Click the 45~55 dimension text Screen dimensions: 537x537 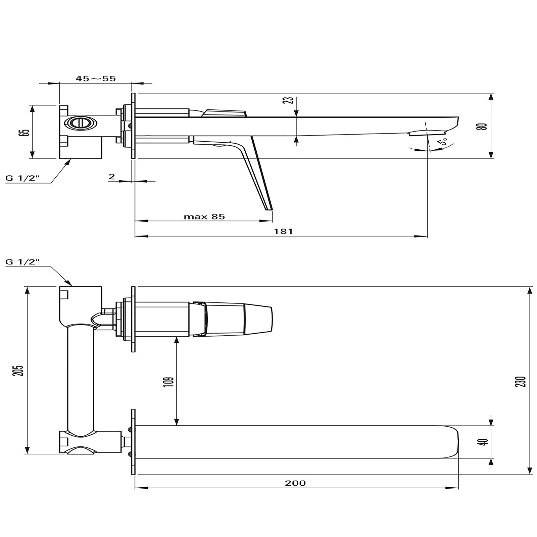tap(96, 79)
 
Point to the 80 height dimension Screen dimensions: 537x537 tap(483, 126)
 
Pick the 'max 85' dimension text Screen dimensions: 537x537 tap(204, 217)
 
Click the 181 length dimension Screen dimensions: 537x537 tap(284, 232)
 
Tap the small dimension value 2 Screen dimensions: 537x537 tap(112, 177)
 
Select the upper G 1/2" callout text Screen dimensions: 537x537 tap(23, 178)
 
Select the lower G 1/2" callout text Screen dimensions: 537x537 tap(23, 262)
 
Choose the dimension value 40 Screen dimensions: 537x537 tap(484, 442)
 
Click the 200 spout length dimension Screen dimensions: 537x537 tap(295, 483)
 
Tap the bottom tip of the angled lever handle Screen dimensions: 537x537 tap(269, 209)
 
